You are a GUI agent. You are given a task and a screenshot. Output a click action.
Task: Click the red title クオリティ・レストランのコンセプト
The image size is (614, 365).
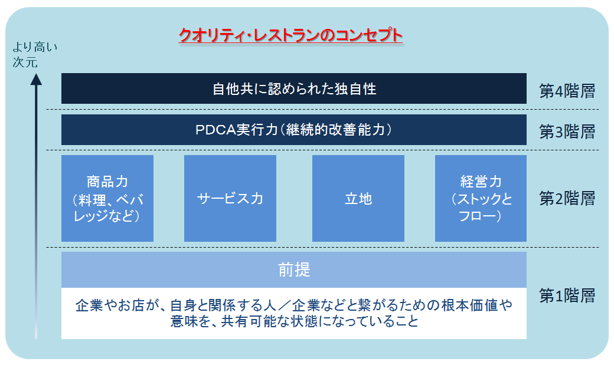pos(290,37)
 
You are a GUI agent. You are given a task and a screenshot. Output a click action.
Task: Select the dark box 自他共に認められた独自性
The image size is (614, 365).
pos(293,89)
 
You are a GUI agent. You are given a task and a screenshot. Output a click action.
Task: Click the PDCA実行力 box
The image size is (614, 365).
pos(293,130)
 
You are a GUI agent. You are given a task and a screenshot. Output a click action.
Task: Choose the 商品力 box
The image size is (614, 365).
pos(107,198)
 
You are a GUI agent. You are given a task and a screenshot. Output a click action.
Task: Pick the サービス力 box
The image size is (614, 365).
pos(230,198)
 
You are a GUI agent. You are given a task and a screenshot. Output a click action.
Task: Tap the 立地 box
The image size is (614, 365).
pos(358,198)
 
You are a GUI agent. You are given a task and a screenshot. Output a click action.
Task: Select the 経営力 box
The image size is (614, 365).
pos(480,198)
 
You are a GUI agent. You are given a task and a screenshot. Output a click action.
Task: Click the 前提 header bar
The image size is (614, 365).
pos(293,270)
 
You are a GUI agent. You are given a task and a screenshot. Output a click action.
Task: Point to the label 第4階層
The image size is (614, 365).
pos(567,91)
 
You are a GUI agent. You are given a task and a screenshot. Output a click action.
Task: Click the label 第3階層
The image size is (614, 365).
pos(567,131)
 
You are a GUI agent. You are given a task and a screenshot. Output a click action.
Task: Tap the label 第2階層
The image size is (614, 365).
pos(567,198)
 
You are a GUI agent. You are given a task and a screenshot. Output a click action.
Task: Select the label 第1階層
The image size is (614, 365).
pos(567,295)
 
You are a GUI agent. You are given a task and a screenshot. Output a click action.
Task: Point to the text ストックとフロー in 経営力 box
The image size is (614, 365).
pos(480,208)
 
